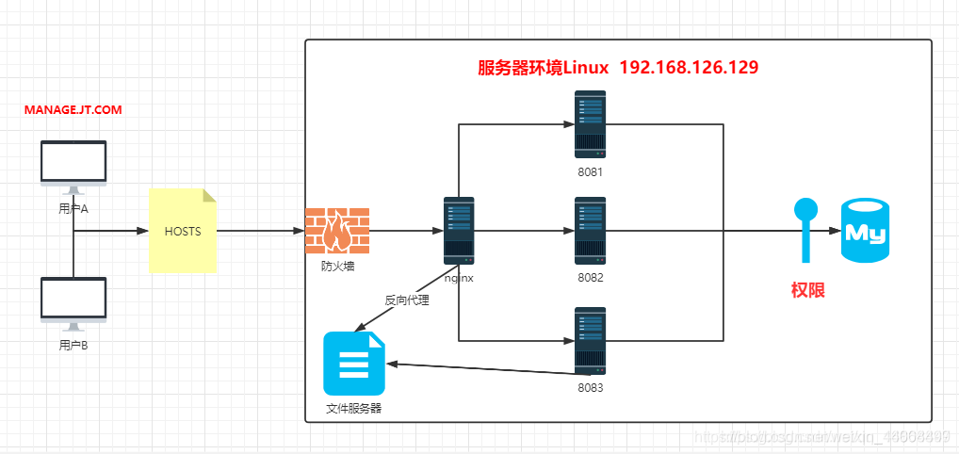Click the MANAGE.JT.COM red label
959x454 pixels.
(x=73, y=110)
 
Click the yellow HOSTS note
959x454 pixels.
(x=183, y=231)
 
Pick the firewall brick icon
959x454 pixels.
(x=337, y=231)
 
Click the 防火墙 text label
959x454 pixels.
(x=337, y=267)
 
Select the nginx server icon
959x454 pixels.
(x=459, y=230)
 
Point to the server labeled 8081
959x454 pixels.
(x=591, y=124)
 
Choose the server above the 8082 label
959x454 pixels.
(x=591, y=230)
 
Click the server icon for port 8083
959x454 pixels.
(x=591, y=341)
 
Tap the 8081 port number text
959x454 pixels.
(x=591, y=172)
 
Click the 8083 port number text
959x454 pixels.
(x=591, y=387)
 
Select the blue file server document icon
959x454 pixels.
(x=354, y=364)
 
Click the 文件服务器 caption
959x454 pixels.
(x=354, y=409)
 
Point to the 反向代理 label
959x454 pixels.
(x=406, y=300)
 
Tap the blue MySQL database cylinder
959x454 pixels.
(x=865, y=230)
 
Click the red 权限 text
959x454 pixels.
(x=807, y=290)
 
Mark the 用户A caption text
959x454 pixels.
(x=73, y=208)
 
